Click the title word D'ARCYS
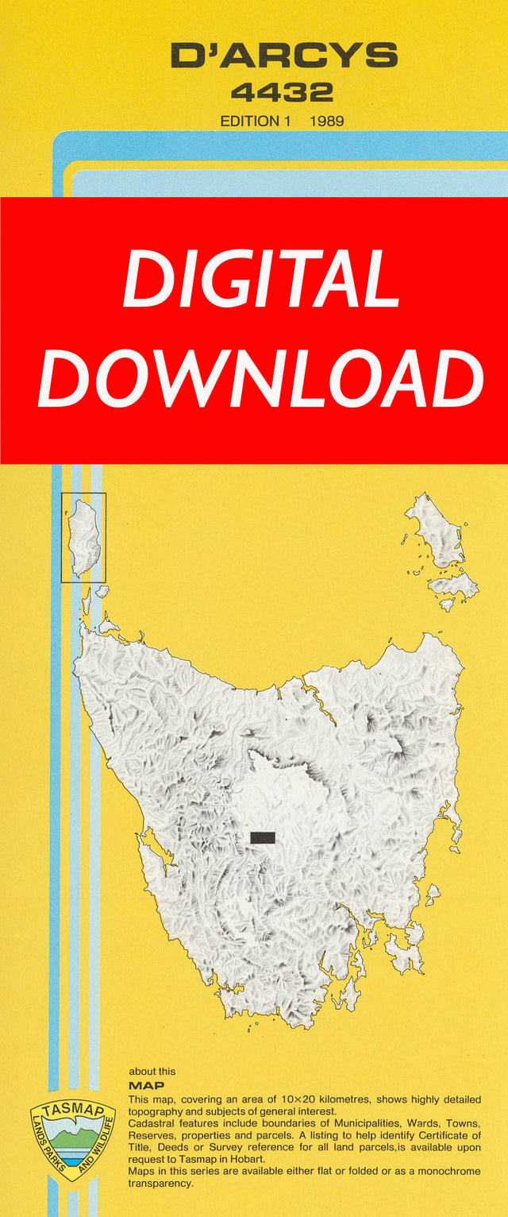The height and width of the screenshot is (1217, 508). pyautogui.click(x=283, y=56)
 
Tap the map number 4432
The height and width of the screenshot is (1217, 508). pyautogui.click(x=282, y=92)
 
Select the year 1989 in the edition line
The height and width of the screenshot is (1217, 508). pyautogui.click(x=327, y=122)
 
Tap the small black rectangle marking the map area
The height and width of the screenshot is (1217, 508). pyautogui.click(x=262, y=837)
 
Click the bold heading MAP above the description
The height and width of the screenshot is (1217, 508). pyautogui.click(x=146, y=1085)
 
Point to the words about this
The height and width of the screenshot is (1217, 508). pyautogui.click(x=152, y=1071)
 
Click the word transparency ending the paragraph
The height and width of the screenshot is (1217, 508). pyautogui.click(x=160, y=1183)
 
